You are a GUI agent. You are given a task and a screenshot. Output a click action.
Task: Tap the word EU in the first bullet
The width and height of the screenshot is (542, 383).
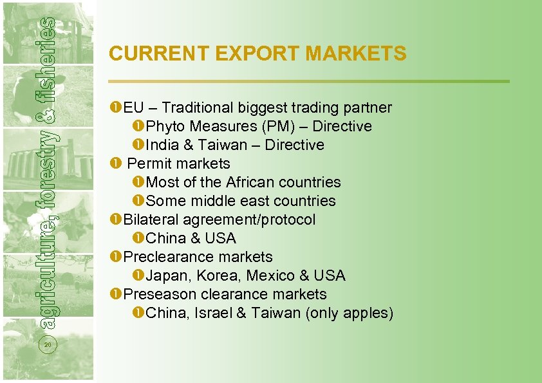click(133, 107)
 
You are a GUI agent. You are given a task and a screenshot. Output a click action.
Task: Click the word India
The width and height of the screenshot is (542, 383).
click(162, 145)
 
